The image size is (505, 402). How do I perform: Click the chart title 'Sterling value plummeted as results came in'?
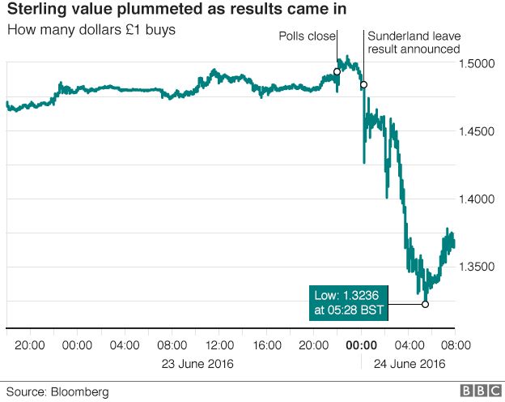[x=168, y=11]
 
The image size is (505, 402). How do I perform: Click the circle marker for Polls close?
[x=337, y=72]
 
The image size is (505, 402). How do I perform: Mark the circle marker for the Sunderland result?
[x=363, y=84]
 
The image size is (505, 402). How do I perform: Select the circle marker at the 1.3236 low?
[x=425, y=304]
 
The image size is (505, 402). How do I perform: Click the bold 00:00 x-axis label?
[x=359, y=344]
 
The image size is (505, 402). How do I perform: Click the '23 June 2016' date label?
[x=198, y=363]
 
